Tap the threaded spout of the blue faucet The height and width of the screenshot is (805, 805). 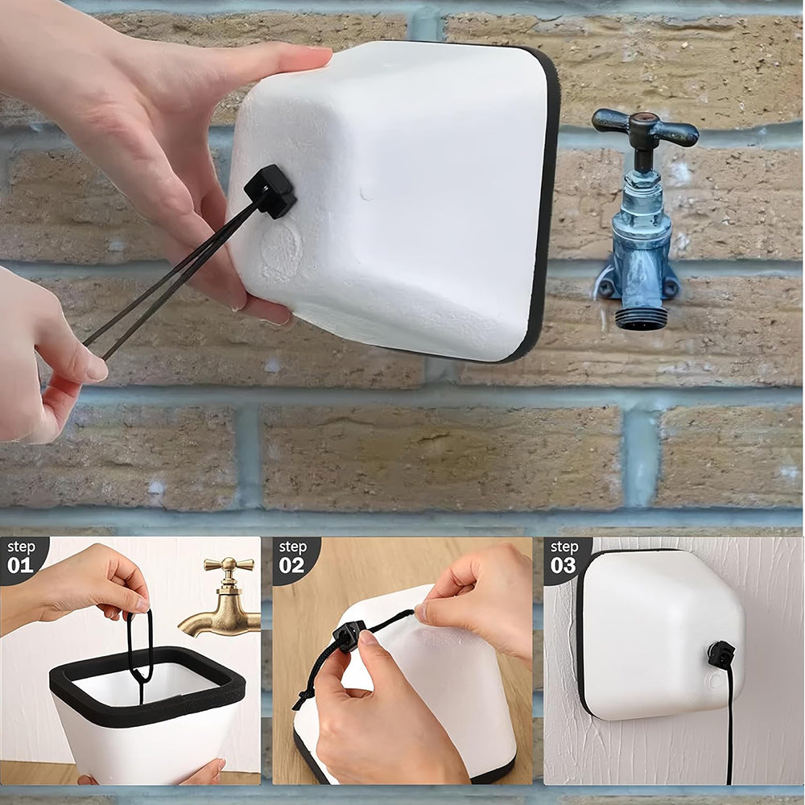[642, 313]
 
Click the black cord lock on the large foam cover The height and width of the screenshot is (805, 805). [272, 192]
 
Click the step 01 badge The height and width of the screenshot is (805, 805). [20, 556]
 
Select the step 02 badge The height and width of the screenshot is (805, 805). [292, 556]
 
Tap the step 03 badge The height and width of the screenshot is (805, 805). [563, 556]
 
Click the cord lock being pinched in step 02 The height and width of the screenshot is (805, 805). [349, 635]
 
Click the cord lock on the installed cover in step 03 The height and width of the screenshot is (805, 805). [720, 654]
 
